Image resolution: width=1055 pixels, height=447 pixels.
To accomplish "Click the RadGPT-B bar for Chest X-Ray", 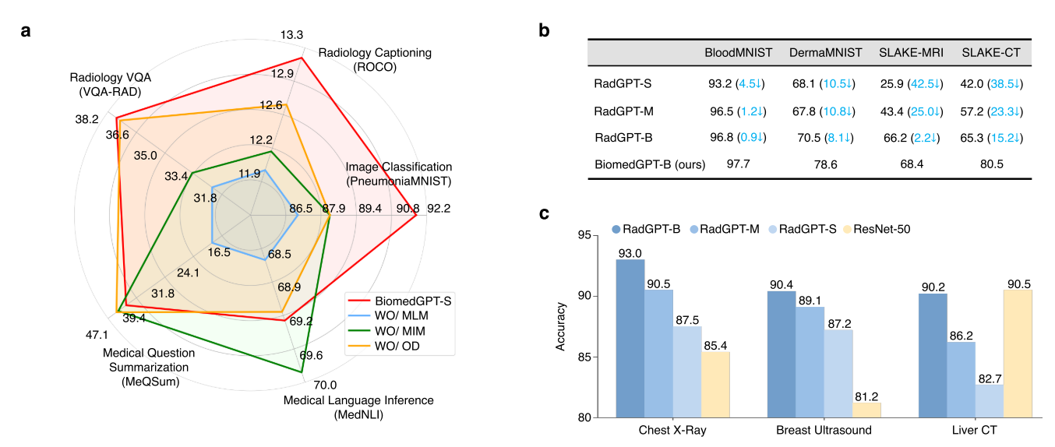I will (x=630, y=339).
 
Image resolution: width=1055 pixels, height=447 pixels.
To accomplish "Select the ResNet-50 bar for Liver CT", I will (x=1018, y=354).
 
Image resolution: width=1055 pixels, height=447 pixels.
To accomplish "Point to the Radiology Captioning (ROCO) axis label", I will (x=375, y=59).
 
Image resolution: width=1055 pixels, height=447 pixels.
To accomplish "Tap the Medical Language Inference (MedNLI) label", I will (x=358, y=407).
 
